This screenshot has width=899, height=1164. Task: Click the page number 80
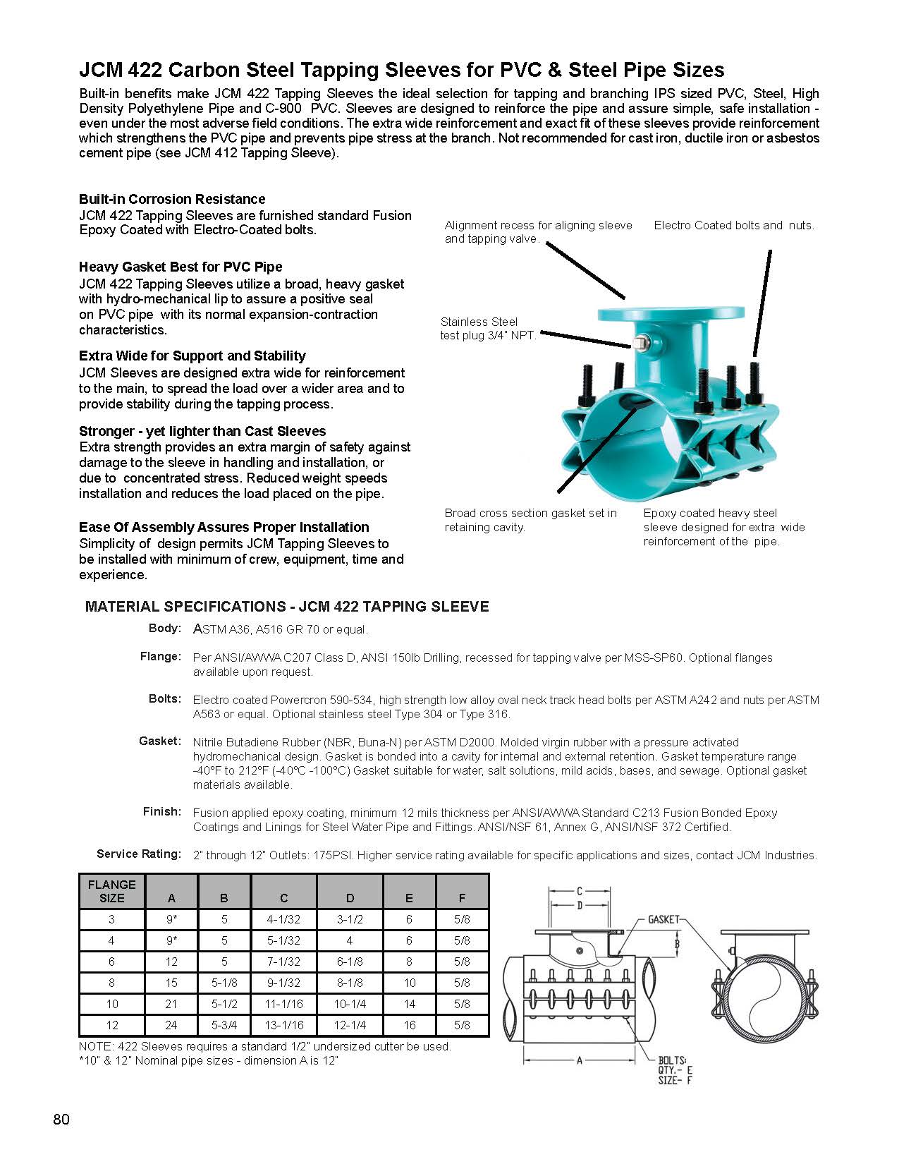[x=61, y=1120]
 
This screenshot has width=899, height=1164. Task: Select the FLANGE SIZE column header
[x=111, y=891]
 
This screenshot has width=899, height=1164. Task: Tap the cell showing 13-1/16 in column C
[x=283, y=1025]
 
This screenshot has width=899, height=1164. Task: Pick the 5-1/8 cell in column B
[x=224, y=983]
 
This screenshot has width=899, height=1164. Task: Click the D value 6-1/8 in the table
[x=350, y=962]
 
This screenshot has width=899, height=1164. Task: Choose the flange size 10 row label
[x=111, y=1004]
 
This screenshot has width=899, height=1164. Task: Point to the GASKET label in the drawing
[x=663, y=919]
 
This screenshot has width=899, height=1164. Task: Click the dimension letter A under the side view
[x=580, y=1060]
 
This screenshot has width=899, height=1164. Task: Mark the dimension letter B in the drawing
[x=677, y=943]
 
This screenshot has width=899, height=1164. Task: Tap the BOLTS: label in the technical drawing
[x=672, y=1060]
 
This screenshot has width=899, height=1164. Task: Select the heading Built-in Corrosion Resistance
[x=172, y=199]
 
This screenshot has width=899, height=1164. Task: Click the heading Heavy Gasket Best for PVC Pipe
[x=181, y=267]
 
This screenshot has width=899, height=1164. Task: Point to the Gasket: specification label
[x=160, y=741]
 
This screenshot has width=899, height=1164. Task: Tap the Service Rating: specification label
[x=139, y=854]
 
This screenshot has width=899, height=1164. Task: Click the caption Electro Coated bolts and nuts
[x=733, y=225]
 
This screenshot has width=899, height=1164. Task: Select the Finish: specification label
[x=162, y=811]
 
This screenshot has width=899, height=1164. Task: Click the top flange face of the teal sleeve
[x=671, y=313]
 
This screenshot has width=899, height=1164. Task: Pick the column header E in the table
[x=409, y=898]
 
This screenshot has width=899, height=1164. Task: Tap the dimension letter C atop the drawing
[x=579, y=891]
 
